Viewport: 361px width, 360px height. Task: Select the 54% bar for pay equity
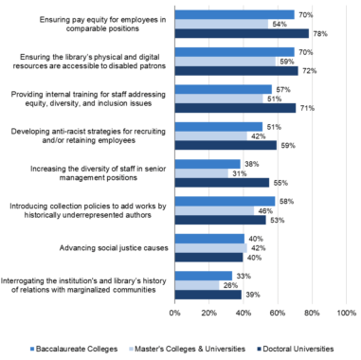click(221, 25)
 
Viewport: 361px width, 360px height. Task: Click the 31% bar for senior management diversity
click(201, 172)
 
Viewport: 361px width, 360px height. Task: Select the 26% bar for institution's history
click(197, 284)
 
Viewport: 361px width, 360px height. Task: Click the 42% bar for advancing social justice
click(210, 247)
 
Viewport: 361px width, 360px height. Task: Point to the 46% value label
click(265, 209)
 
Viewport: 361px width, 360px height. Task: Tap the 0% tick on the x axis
click(175, 312)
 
